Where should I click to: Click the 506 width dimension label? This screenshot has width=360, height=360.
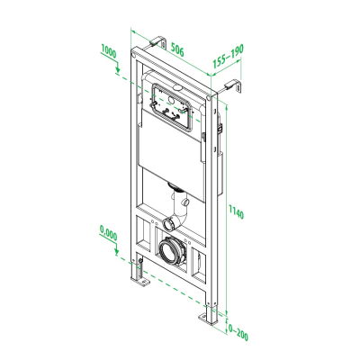tap(177, 49)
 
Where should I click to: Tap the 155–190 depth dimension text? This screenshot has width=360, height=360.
tap(229, 56)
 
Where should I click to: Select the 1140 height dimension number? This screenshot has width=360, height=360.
tap(236, 211)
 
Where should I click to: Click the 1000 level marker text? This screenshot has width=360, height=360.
tap(109, 51)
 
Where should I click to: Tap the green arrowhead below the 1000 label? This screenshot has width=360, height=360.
tap(118, 70)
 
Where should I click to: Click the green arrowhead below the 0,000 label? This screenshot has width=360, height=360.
tap(117, 252)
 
